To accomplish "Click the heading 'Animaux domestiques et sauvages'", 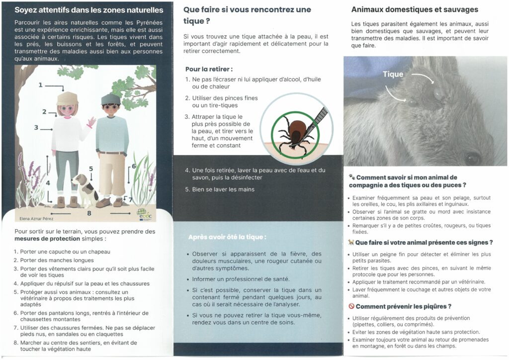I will (x=415, y=9).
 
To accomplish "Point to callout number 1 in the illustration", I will (x=41, y=86).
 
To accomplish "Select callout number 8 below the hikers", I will (x=89, y=213).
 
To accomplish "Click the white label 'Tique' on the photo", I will (x=393, y=75).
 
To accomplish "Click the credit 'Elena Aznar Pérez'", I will (x=37, y=218).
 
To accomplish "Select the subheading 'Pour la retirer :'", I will (x=209, y=69).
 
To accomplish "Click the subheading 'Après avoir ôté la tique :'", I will (x=227, y=237).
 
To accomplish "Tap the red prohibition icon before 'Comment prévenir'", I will (x=351, y=306).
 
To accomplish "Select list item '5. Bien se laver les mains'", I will (x=220, y=189).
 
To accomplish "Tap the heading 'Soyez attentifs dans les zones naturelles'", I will (x=88, y=10).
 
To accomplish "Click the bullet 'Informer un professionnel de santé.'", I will (x=241, y=278).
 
